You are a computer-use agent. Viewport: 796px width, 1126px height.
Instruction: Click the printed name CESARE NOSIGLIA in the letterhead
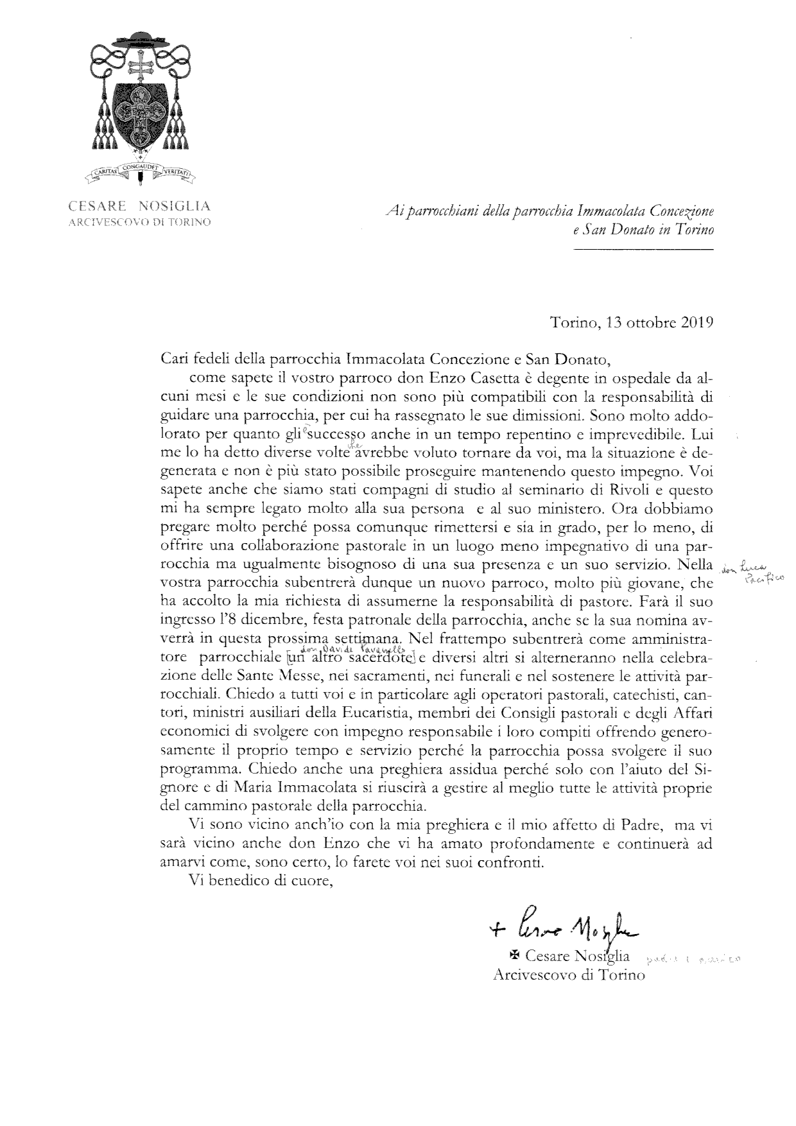tap(140, 207)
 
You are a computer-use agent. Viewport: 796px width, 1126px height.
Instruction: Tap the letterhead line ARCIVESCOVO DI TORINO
tap(140, 222)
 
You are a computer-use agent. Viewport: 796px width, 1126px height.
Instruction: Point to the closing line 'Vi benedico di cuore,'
tap(261, 881)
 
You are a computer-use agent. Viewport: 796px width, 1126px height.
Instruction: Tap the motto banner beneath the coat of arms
tap(140, 171)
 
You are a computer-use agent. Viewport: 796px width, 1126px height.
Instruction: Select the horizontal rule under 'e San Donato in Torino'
tap(643, 249)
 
